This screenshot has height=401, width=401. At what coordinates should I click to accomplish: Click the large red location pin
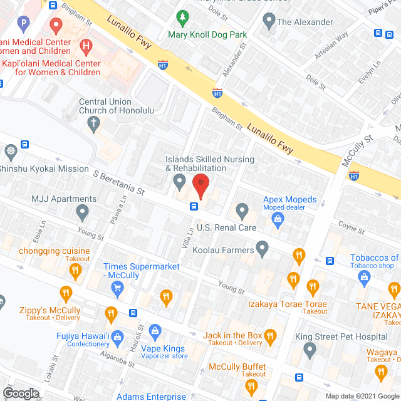point(200,186)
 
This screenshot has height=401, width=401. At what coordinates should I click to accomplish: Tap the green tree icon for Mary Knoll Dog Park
point(182,18)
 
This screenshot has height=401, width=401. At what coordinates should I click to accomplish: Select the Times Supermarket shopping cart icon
point(117,288)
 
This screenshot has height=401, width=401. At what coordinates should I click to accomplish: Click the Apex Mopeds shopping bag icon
point(277,218)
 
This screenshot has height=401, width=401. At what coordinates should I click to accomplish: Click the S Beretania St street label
point(118,181)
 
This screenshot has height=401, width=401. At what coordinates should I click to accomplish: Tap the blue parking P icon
point(24,25)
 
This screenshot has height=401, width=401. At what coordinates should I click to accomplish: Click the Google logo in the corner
point(20,393)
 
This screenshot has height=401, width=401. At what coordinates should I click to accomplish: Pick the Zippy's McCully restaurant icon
point(66,293)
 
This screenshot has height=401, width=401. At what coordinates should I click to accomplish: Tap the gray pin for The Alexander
point(269,22)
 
